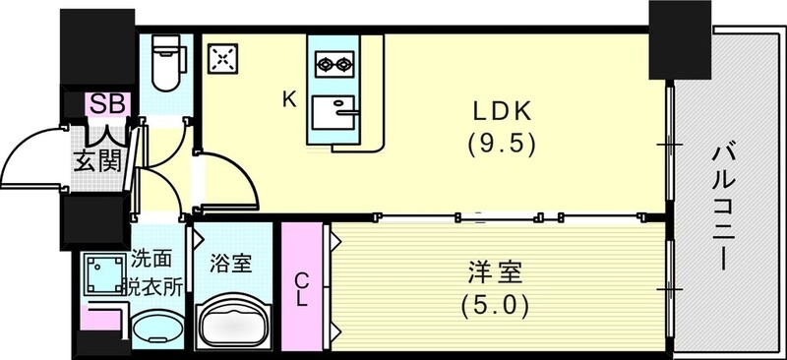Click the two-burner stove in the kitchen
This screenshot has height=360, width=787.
click(x=333, y=66)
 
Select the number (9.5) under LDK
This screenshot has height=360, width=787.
click(x=501, y=144)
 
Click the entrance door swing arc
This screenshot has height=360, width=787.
click(x=30, y=157)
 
